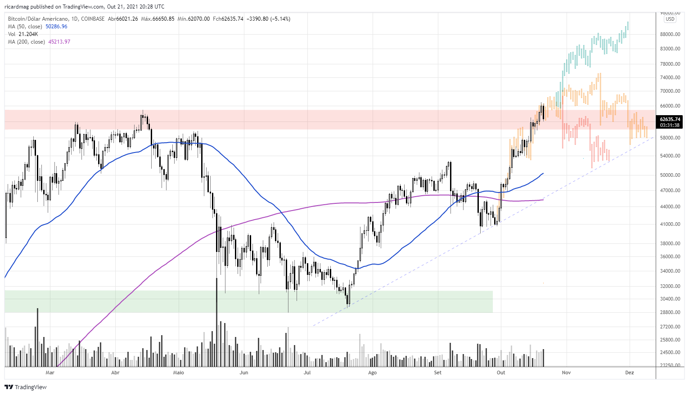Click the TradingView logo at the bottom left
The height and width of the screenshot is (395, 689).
click(26, 387)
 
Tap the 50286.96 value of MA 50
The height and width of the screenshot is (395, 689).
click(56, 27)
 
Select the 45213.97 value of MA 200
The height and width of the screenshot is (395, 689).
click(59, 42)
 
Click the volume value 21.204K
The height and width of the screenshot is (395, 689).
click(29, 34)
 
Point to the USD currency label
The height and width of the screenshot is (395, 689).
click(670, 19)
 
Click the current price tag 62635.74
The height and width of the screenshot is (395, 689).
click(670, 119)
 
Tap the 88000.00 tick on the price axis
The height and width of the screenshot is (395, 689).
click(670, 34)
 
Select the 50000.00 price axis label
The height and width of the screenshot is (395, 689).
click(670, 175)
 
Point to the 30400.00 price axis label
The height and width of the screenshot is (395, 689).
click(670, 299)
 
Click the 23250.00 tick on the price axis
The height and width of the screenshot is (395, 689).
click(670, 365)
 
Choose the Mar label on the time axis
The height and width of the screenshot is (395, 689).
click(50, 373)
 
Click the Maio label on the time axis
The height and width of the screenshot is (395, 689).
click(178, 373)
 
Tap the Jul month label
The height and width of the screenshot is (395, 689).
click(307, 373)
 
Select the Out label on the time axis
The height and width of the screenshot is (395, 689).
click(501, 373)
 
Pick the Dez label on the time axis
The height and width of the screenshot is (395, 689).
click(629, 373)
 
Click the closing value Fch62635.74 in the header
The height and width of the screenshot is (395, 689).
click(228, 19)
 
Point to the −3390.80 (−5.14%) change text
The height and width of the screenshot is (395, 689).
click(269, 19)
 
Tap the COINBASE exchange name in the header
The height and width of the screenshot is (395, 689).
click(93, 19)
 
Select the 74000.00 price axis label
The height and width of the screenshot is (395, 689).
click(670, 77)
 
